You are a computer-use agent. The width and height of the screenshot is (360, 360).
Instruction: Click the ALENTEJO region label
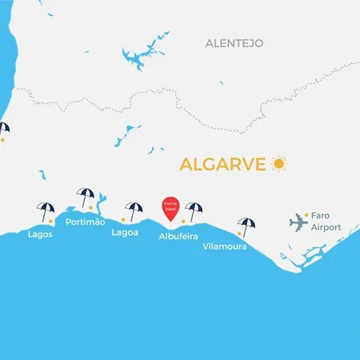click(x=234, y=42)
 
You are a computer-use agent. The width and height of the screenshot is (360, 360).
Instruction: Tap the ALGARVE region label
click(x=223, y=164)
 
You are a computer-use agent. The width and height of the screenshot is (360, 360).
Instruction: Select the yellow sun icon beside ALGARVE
click(x=278, y=163)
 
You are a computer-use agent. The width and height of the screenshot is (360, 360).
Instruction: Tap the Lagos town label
click(x=41, y=234)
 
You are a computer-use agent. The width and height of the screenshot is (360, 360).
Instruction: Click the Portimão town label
click(x=86, y=222)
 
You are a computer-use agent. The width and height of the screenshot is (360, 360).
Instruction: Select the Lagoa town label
click(x=125, y=233)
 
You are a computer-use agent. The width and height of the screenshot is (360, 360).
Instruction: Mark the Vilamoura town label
click(x=224, y=246)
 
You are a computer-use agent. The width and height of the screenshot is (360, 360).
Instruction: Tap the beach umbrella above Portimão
click(x=86, y=196)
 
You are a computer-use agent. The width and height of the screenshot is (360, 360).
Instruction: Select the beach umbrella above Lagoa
click(x=133, y=210)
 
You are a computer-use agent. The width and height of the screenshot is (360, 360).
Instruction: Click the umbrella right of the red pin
click(x=194, y=210)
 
